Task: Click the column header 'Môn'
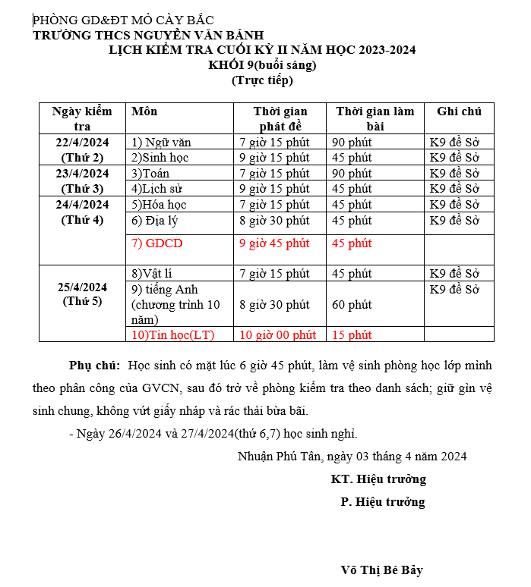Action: (x=144, y=111)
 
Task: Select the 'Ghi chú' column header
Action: (x=459, y=111)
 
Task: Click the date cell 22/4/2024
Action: (x=82, y=142)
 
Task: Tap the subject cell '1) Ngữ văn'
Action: (x=162, y=142)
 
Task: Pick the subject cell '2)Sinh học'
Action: (x=160, y=158)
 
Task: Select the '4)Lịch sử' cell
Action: (x=156, y=189)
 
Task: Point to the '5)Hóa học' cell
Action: (x=159, y=205)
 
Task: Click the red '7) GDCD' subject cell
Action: (x=157, y=243)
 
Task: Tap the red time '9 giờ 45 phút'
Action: (x=274, y=243)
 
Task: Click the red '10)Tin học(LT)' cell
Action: (x=173, y=334)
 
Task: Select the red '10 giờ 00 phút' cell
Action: (x=277, y=334)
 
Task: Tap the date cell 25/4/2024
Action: (x=82, y=287)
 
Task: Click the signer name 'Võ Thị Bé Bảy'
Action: (x=381, y=570)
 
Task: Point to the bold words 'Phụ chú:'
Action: (x=94, y=366)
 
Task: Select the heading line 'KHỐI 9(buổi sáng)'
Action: (x=262, y=65)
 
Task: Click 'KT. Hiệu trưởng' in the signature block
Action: (x=378, y=479)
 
